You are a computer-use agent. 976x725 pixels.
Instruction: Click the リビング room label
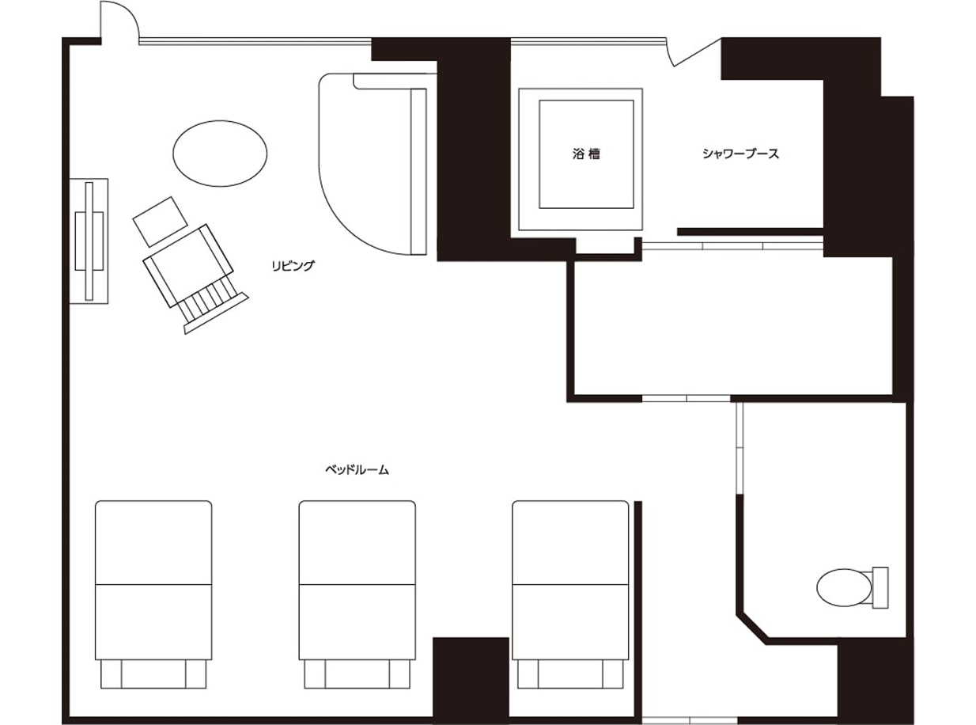[293, 266]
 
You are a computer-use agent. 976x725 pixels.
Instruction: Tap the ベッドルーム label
[357, 470]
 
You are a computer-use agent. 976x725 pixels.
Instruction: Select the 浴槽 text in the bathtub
[587, 154]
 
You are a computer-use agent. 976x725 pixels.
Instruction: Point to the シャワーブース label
[740, 154]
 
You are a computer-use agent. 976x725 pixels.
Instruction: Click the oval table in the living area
[220, 154]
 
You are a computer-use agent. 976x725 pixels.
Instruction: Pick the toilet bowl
[844, 587]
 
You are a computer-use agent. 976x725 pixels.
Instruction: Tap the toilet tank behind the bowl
[880, 587]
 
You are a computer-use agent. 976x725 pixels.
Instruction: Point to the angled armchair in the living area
[188, 266]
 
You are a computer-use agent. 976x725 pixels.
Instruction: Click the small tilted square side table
[160, 222]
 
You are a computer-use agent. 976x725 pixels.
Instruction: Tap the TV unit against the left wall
[89, 241]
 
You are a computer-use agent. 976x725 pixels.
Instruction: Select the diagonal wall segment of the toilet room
[753, 628]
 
